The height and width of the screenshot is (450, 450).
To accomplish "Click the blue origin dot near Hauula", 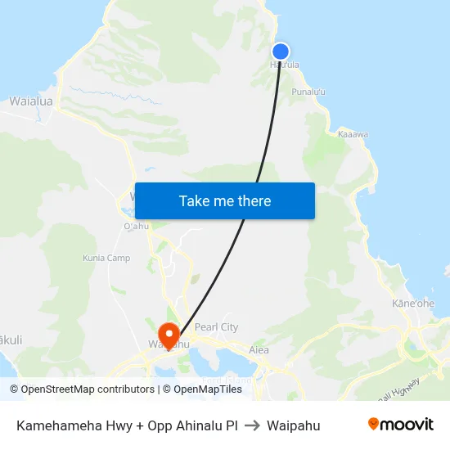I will pyautogui.click(x=281, y=51).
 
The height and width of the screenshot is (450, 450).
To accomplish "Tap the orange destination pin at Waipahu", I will pyautogui.click(x=169, y=333).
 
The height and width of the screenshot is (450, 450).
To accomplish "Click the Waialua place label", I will pyautogui.click(x=31, y=101).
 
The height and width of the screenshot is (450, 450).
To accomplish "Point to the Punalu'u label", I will pyautogui.click(x=308, y=92).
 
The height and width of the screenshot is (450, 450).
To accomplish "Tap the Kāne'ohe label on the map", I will pyautogui.click(x=413, y=304).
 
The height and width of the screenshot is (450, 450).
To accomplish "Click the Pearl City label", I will pyautogui.click(x=216, y=327).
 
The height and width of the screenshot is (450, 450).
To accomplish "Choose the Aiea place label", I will pyautogui.click(x=259, y=350).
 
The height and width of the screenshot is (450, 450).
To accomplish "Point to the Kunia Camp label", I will pyautogui.click(x=106, y=258).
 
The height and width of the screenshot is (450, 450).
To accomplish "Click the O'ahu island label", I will pyautogui.click(x=135, y=226).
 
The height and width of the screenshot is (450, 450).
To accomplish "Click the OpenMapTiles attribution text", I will pyautogui.click(x=208, y=389).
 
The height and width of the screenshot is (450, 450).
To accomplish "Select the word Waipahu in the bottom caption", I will pyautogui.click(x=293, y=425).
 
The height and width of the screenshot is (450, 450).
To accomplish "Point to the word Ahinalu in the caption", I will pyautogui.click(x=197, y=425).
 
